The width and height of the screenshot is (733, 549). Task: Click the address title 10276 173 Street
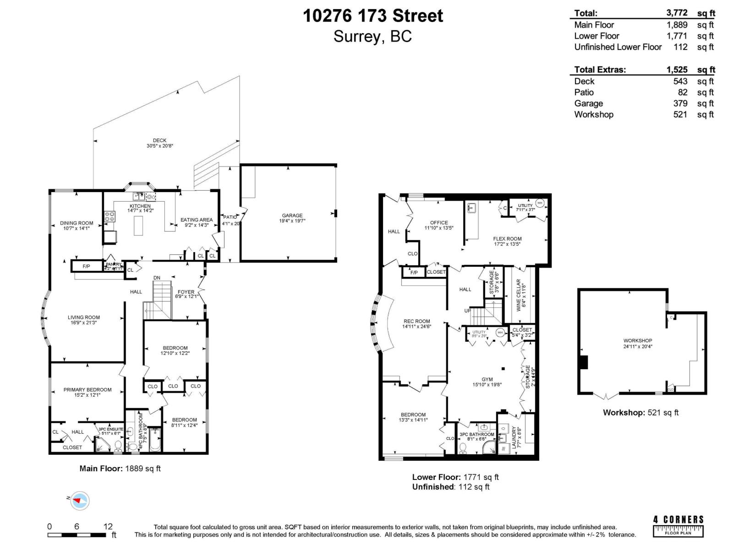(372, 16)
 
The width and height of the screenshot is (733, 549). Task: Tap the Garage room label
(292, 215)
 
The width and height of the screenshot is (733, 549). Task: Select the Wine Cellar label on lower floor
(519, 295)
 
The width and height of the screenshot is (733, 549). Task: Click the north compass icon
(80, 501)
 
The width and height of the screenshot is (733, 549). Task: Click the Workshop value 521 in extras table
(680, 114)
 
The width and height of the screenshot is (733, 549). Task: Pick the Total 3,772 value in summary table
(678, 13)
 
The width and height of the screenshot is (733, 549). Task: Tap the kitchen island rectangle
(138, 226)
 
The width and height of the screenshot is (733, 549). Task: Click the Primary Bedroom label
(88, 390)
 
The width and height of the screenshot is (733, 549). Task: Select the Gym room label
(487, 379)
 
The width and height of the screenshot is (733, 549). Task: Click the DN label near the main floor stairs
(157, 278)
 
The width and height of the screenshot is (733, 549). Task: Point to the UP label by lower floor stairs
(467, 311)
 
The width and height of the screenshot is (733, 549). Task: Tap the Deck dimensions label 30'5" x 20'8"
(159, 146)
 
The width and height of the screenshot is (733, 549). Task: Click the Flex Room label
(507, 239)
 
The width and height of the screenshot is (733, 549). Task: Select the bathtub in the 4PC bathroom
(155, 439)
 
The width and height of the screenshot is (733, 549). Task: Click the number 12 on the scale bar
(108, 527)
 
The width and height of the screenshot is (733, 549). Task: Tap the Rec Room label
(416, 321)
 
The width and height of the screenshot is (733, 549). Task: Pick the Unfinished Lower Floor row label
(618, 47)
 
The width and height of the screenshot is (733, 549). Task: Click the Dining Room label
(77, 223)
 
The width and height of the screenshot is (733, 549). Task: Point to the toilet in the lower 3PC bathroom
(462, 448)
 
